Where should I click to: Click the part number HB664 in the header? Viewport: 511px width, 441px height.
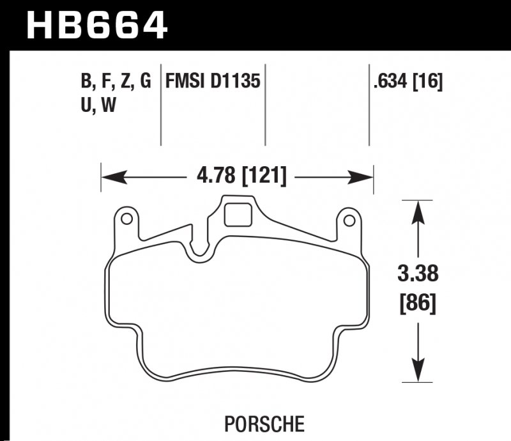click(96, 26)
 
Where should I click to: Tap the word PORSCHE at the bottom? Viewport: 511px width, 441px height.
click(264, 423)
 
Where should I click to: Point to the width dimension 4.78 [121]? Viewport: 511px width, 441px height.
click(237, 175)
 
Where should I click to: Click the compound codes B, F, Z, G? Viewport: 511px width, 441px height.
click(115, 82)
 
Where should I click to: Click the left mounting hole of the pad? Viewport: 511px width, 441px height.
click(126, 220)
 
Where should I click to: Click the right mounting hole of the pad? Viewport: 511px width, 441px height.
click(348, 220)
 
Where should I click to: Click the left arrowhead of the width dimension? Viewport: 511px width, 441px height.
click(110, 176)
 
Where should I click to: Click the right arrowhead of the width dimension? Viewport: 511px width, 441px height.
click(364, 176)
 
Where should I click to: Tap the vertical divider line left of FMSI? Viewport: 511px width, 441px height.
click(160, 105)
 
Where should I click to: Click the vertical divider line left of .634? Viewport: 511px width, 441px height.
click(369, 105)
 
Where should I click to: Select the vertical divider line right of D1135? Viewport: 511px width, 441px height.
click(265, 105)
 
